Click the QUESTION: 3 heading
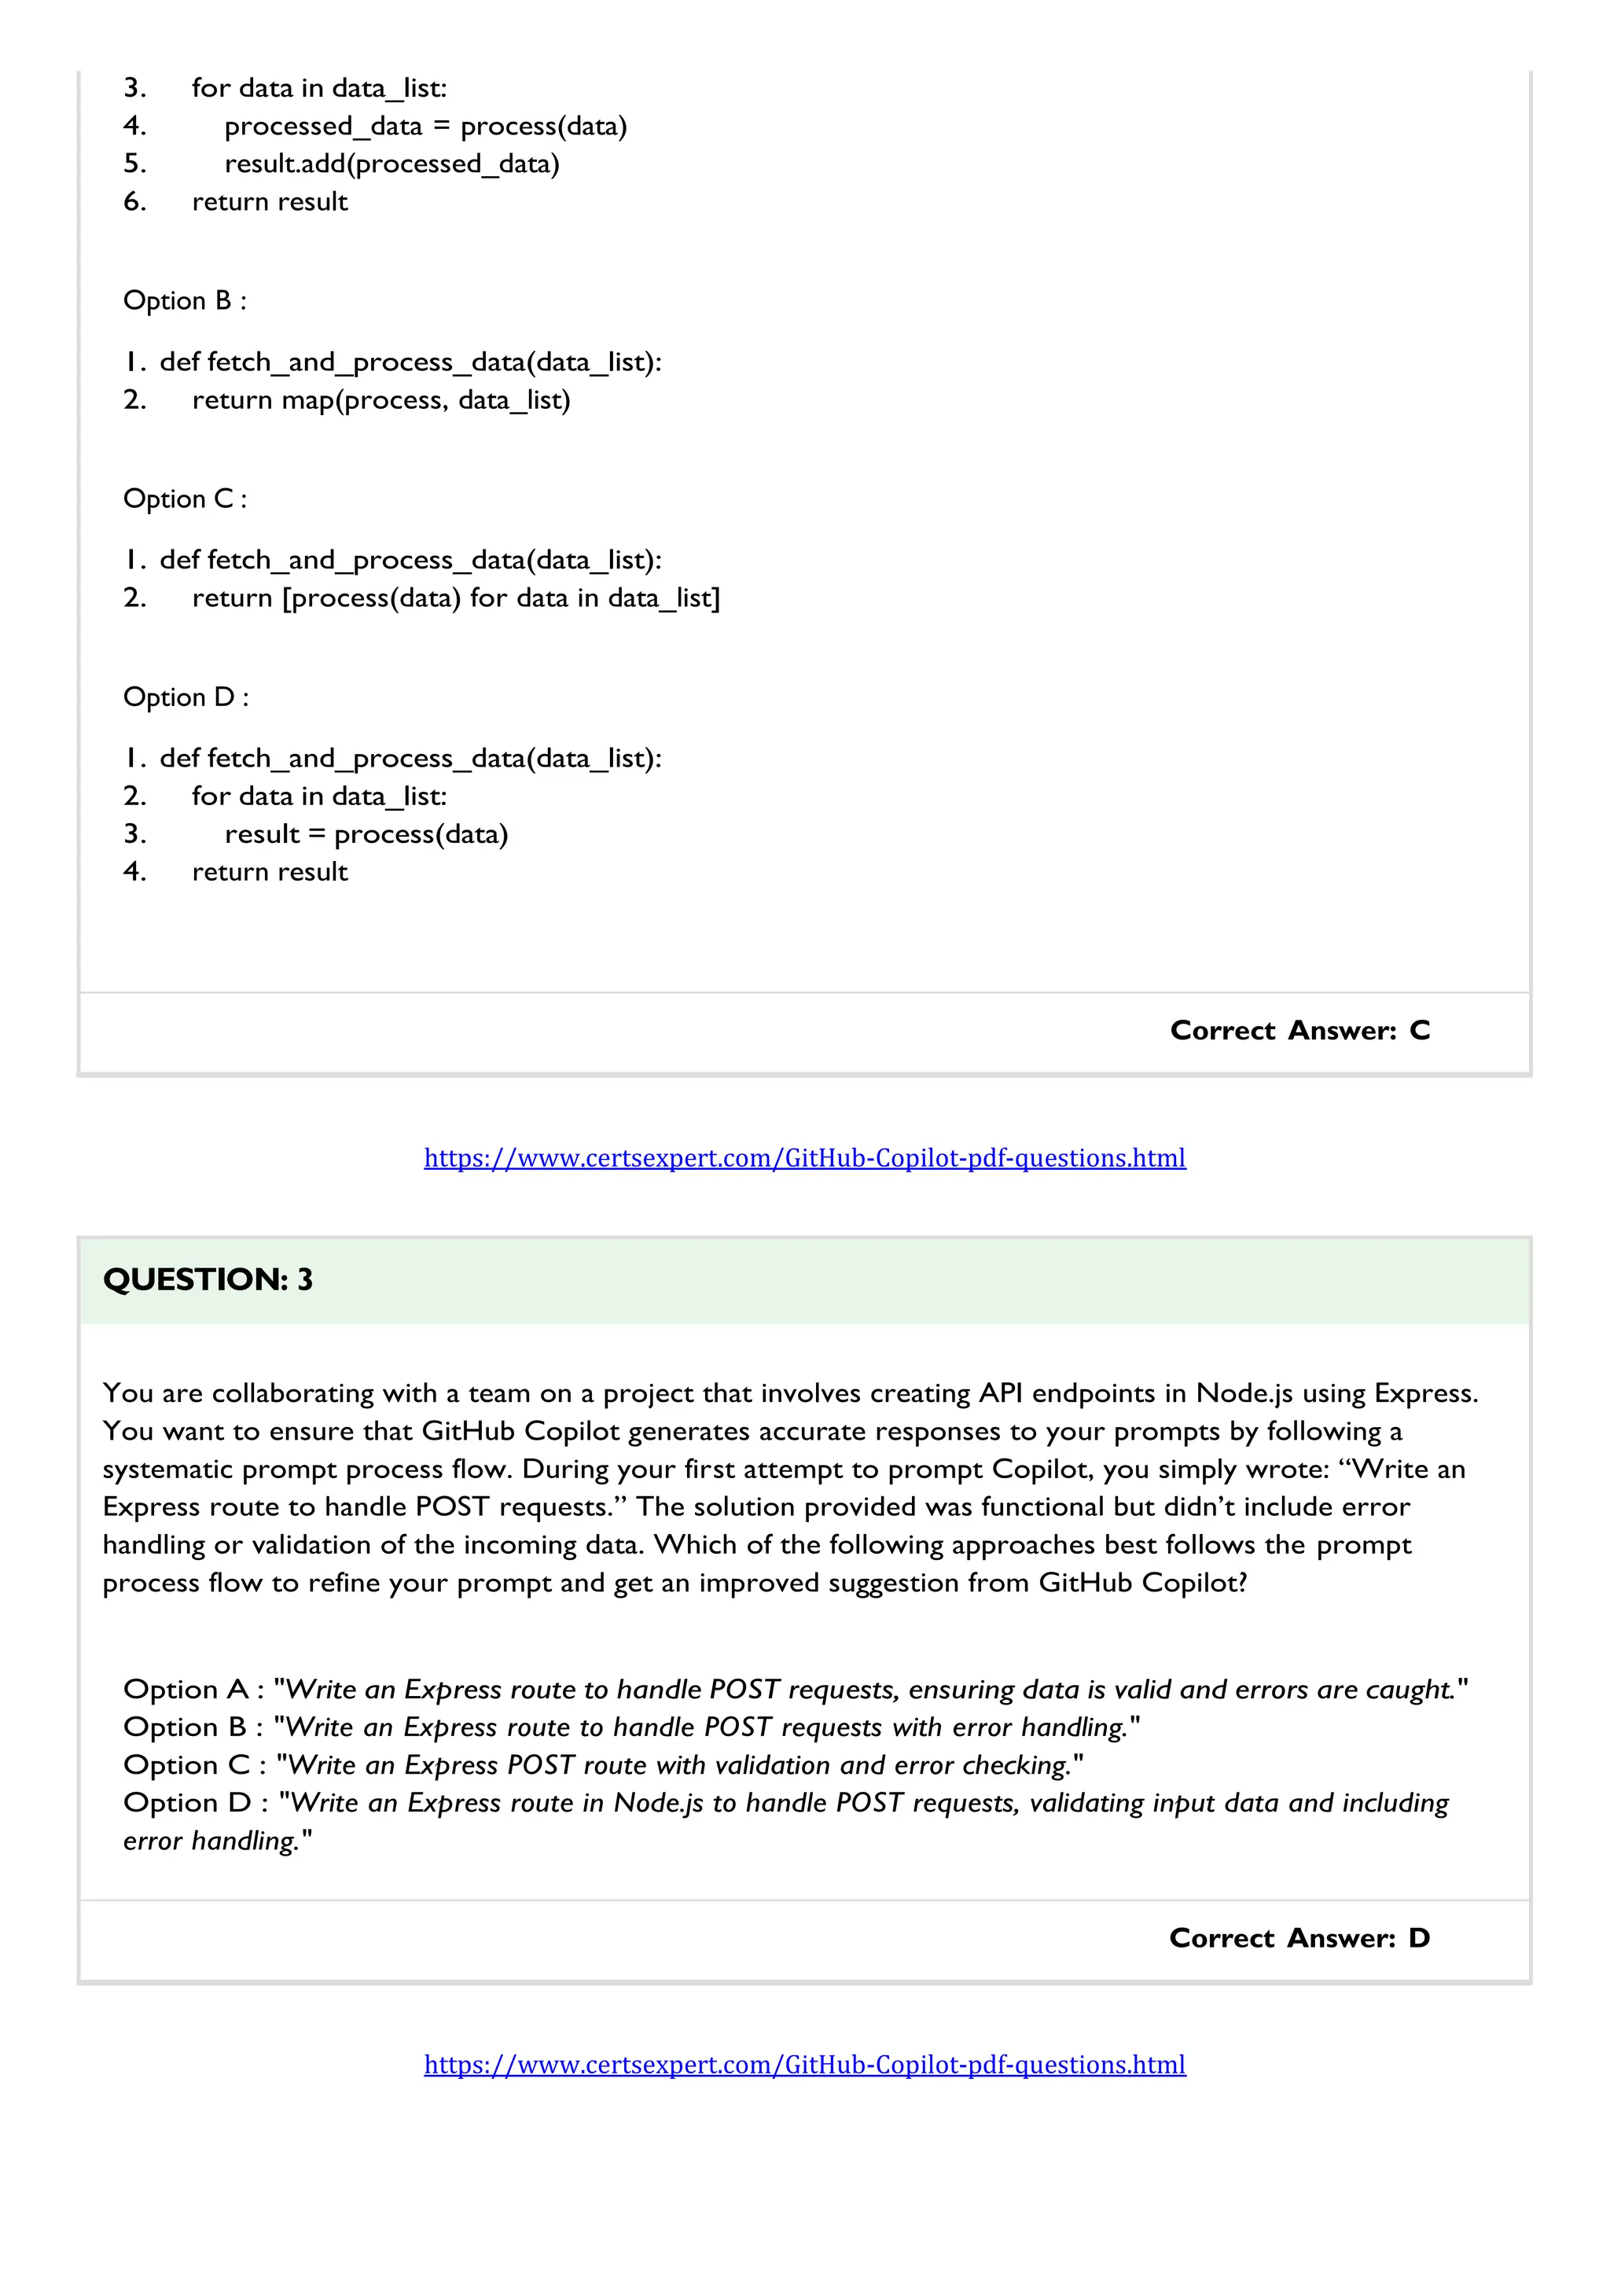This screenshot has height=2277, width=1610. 208,1279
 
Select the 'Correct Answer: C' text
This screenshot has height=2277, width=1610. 1299,1031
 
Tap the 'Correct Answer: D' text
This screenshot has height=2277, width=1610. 1299,1938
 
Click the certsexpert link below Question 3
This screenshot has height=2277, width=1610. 804,2065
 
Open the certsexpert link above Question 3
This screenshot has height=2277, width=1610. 804,1157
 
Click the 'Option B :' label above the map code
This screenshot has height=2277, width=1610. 185,300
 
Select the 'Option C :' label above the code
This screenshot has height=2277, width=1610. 185,498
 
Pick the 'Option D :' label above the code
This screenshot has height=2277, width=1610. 186,697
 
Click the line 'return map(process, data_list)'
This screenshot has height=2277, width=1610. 380,399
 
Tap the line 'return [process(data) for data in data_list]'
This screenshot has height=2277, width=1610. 456,598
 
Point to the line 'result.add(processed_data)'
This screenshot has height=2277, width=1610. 391,164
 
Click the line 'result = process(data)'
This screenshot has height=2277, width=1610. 366,834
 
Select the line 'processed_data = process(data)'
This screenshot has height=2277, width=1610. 425,126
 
